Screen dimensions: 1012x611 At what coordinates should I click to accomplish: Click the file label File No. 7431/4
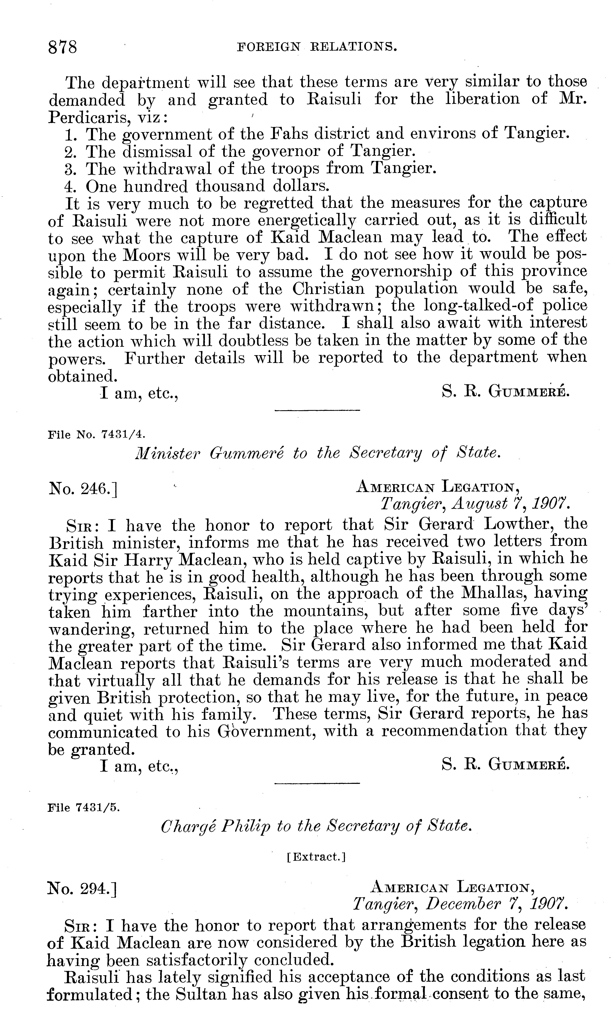96,434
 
